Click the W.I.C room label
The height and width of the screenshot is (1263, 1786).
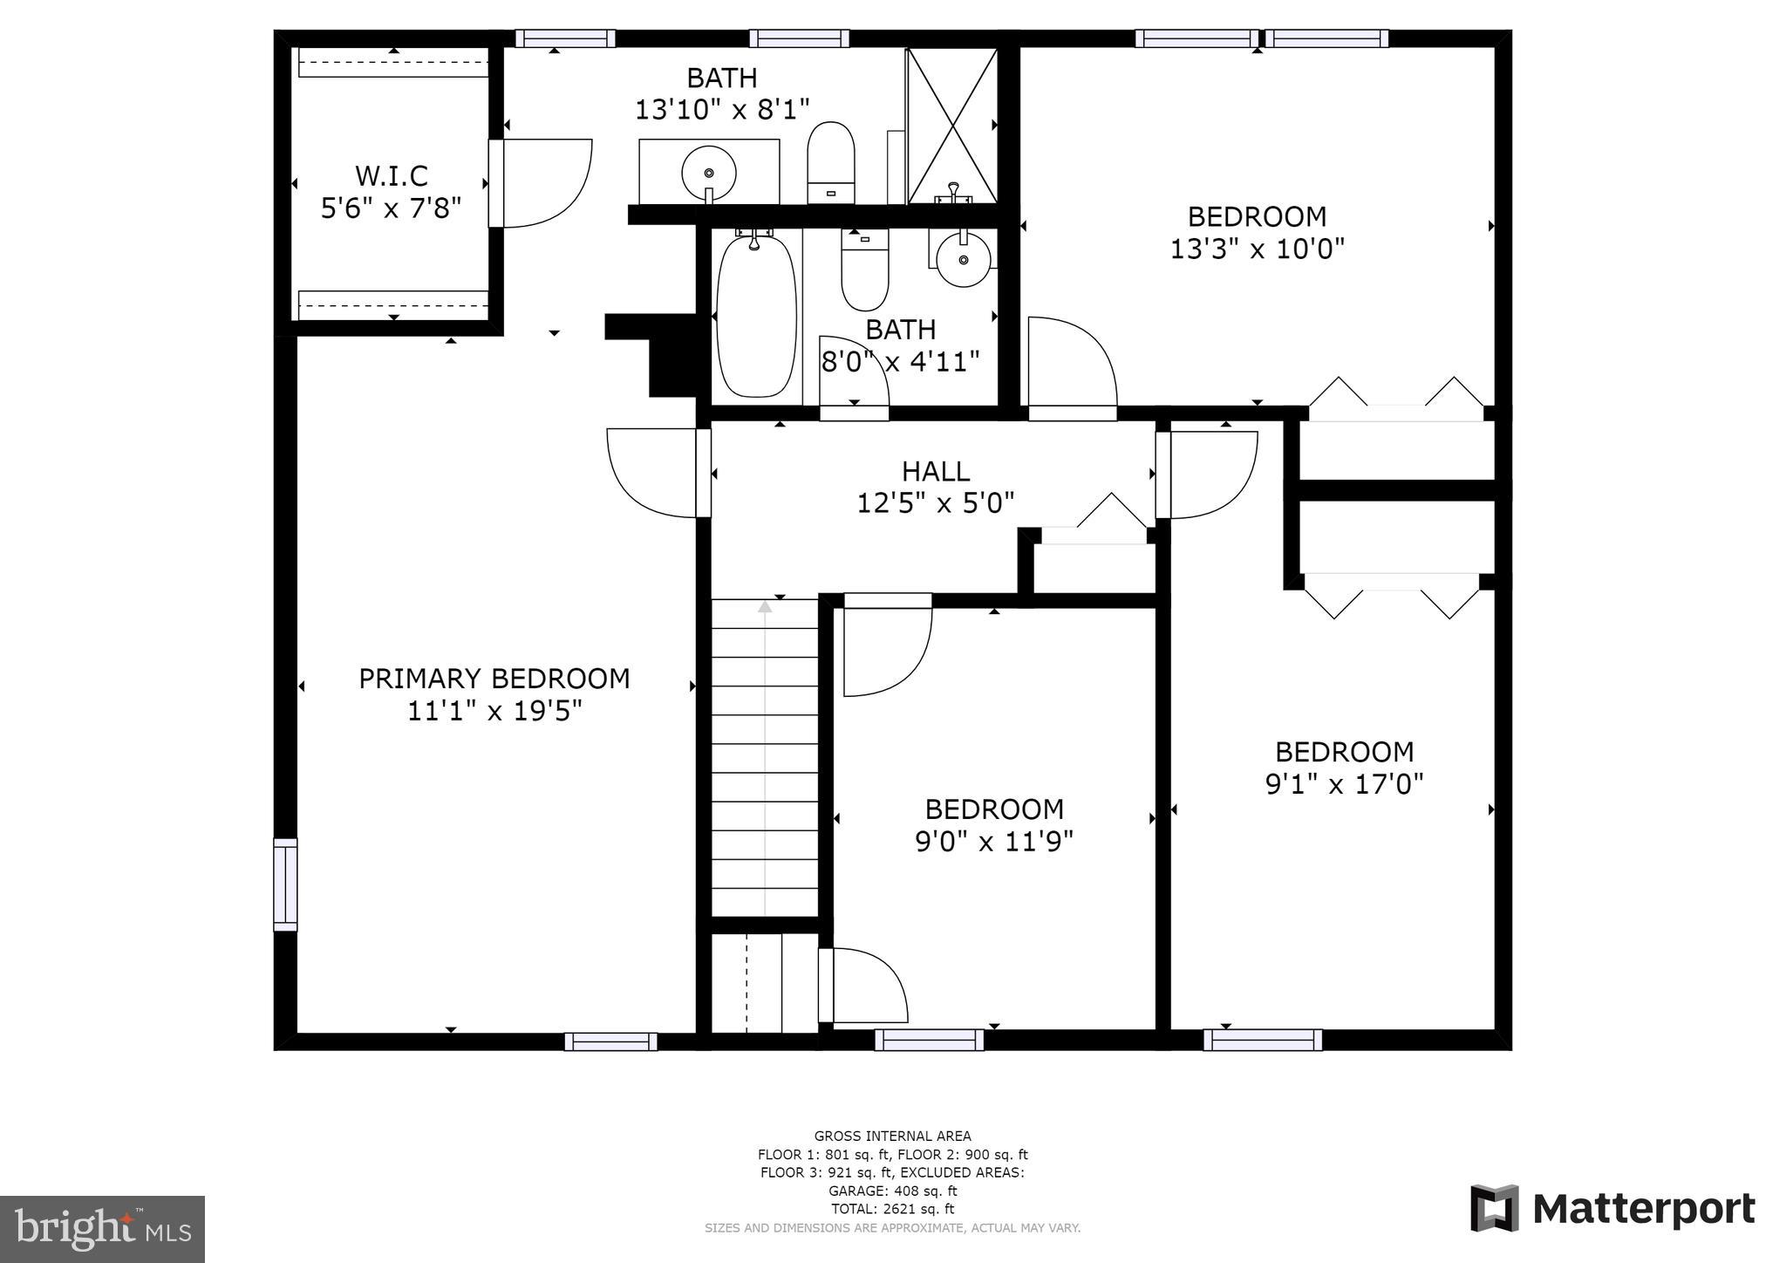coord(392,176)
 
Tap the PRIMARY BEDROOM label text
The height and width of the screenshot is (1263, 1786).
coord(494,679)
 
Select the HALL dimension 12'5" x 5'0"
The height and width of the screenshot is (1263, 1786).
coord(935,503)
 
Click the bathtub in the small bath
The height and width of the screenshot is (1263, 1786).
coord(756,316)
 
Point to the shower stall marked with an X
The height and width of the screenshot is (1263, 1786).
coord(952,126)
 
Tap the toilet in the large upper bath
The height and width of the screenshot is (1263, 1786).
coord(830,161)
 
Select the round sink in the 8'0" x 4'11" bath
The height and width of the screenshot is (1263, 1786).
coord(963,259)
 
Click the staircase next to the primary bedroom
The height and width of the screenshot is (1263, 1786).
coord(765,757)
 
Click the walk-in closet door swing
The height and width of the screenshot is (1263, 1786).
coord(541,183)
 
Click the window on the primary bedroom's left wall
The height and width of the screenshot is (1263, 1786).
coord(285,884)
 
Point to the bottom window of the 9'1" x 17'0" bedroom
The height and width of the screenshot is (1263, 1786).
coord(1262,1040)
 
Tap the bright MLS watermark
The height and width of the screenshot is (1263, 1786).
coord(102,1229)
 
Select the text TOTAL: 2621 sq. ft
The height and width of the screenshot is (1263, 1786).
coord(892,1209)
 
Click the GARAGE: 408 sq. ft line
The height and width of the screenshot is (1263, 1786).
coord(892,1191)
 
